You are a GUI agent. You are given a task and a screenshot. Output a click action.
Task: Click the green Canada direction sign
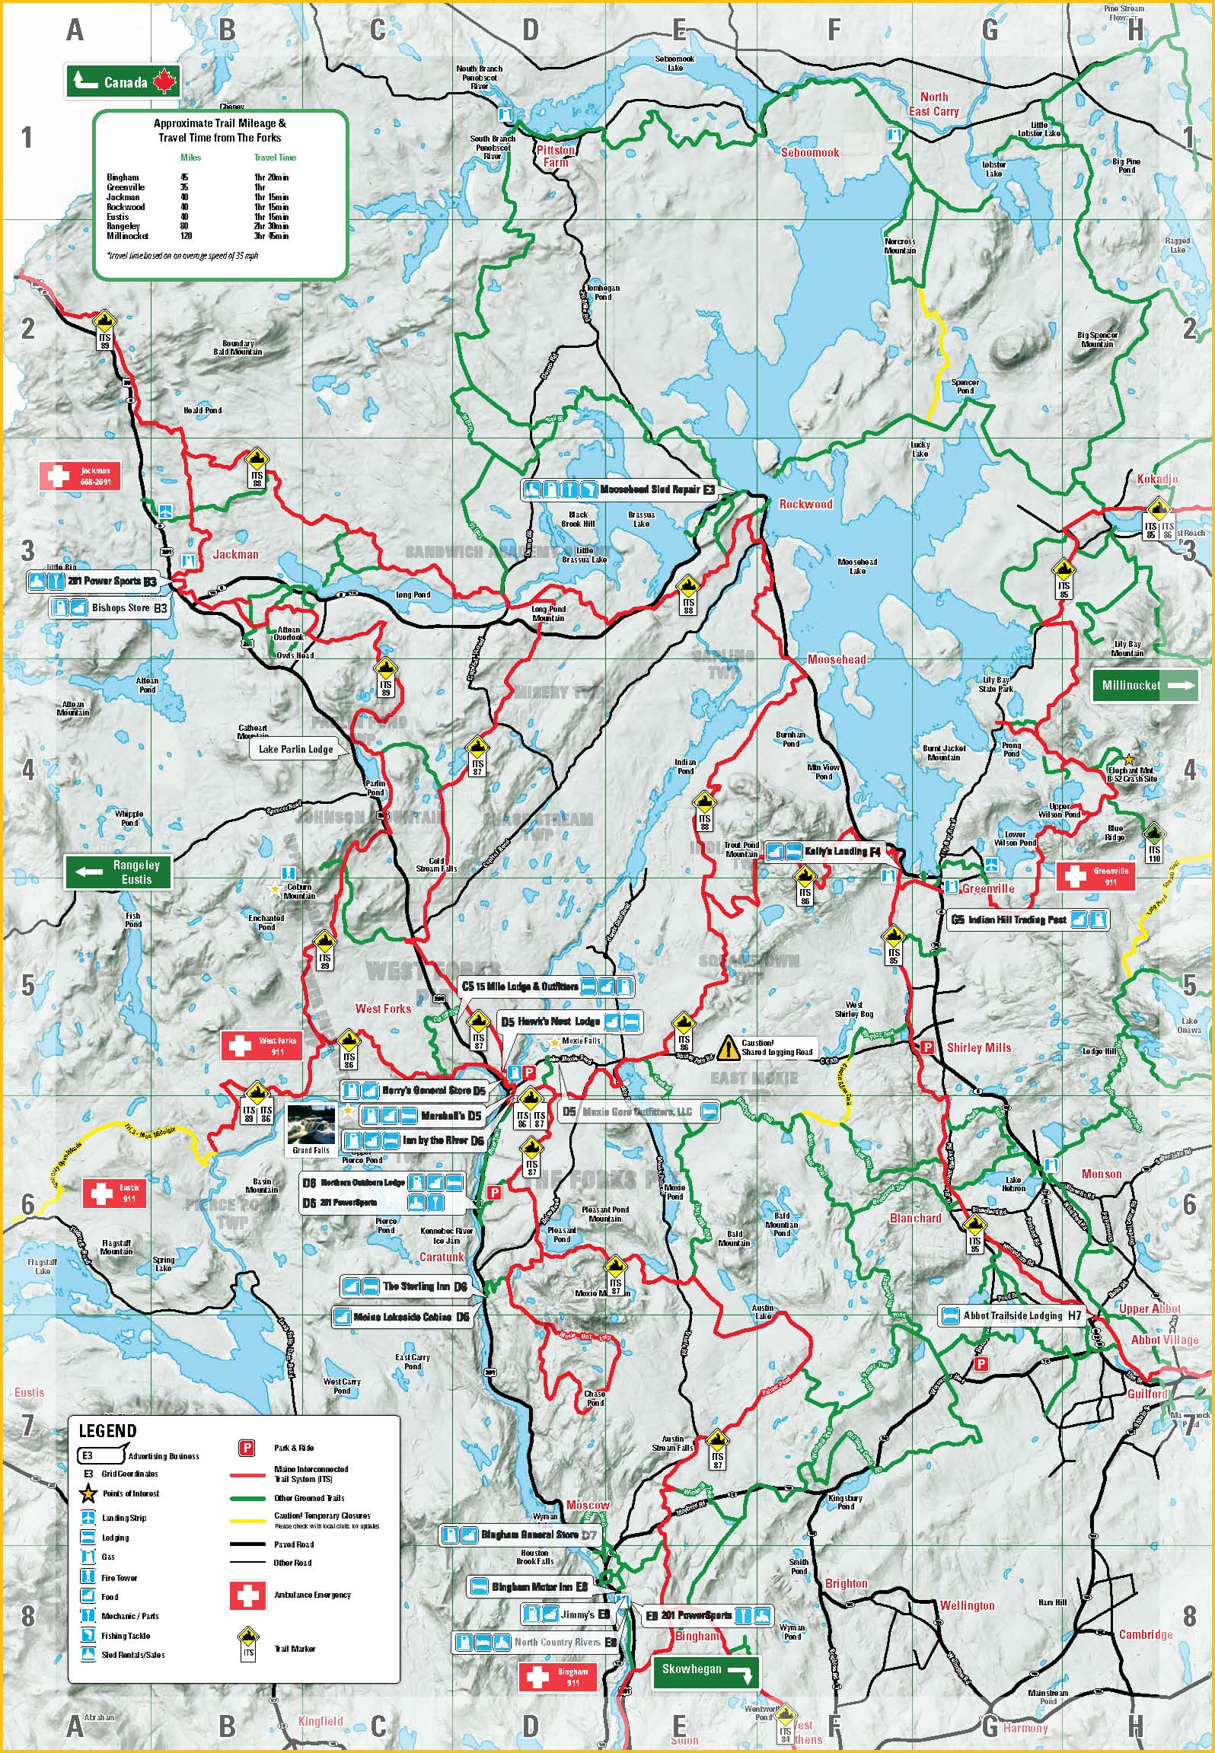point(123,81)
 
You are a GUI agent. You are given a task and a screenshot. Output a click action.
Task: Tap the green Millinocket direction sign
point(1144,685)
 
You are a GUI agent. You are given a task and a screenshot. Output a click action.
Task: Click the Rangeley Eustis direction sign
point(118,872)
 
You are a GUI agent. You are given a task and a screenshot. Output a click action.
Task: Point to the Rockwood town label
point(805,504)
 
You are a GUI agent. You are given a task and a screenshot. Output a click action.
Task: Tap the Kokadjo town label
point(1156,479)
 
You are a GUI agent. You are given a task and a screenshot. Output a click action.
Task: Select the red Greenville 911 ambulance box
point(1095,877)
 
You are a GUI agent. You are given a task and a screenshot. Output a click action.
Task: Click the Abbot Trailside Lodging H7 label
point(1012,1315)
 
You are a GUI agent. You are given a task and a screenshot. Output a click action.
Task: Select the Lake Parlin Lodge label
point(295,749)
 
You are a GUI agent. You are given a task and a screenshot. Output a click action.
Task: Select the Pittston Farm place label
point(555,156)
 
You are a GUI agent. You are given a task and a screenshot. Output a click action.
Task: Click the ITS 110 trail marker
point(1153,841)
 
